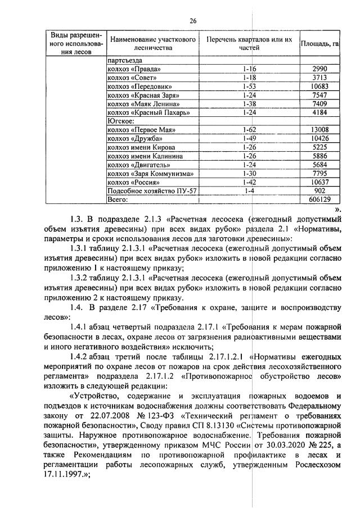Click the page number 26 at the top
(x=192, y=21)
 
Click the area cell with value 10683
(x=319, y=87)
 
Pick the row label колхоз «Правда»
(x=127, y=69)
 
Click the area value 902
(x=319, y=191)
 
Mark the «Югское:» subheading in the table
(x=120, y=121)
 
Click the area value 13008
(x=319, y=130)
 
